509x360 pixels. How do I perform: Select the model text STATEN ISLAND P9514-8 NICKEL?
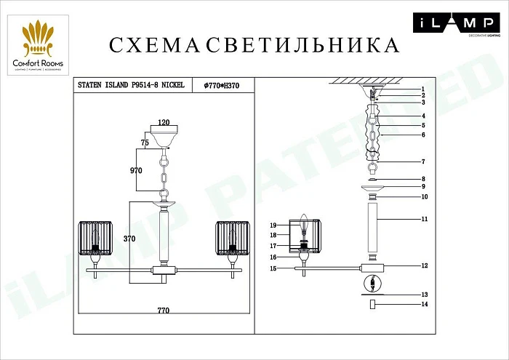point(131,85)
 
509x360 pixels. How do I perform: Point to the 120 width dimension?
point(164,123)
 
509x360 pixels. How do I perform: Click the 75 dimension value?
point(145,145)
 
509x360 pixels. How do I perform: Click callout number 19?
point(275,225)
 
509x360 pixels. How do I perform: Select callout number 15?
point(274,269)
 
